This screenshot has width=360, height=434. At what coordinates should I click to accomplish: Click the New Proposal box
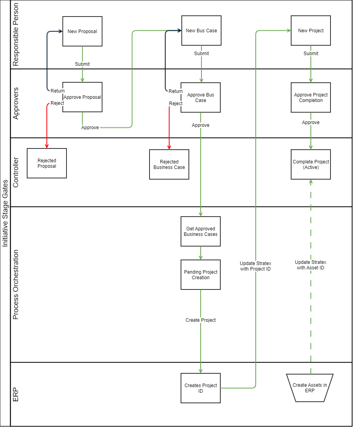(82, 31)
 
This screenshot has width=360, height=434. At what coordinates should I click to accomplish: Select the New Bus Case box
(201, 30)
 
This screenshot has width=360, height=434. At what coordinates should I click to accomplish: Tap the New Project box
(310, 30)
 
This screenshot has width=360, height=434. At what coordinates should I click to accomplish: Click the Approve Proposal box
(82, 97)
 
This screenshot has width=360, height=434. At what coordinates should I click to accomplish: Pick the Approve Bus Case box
(201, 98)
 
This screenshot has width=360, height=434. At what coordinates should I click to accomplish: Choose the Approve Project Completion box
(310, 98)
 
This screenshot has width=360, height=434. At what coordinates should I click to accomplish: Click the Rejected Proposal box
(47, 163)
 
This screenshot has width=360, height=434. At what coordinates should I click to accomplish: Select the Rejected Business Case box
(169, 164)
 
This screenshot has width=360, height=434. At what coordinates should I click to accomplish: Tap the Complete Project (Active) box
(310, 164)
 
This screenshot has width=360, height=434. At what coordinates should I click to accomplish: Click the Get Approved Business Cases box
(201, 231)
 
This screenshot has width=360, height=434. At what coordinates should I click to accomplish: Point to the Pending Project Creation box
(201, 274)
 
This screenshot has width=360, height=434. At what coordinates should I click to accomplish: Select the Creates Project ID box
(201, 388)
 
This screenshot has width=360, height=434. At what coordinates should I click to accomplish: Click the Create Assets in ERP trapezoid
(310, 388)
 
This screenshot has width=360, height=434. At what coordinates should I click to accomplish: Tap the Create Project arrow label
(201, 320)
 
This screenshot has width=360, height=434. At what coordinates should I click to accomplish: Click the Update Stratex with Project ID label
(256, 266)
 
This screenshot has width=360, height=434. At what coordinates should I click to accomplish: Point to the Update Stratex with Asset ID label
(311, 265)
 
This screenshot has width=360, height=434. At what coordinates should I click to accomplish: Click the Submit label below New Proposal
(82, 64)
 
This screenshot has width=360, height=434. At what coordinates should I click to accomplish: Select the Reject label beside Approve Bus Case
(176, 104)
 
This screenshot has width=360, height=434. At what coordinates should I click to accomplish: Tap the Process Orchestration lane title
(16, 284)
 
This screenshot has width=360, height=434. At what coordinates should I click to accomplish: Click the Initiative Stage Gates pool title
(5, 213)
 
